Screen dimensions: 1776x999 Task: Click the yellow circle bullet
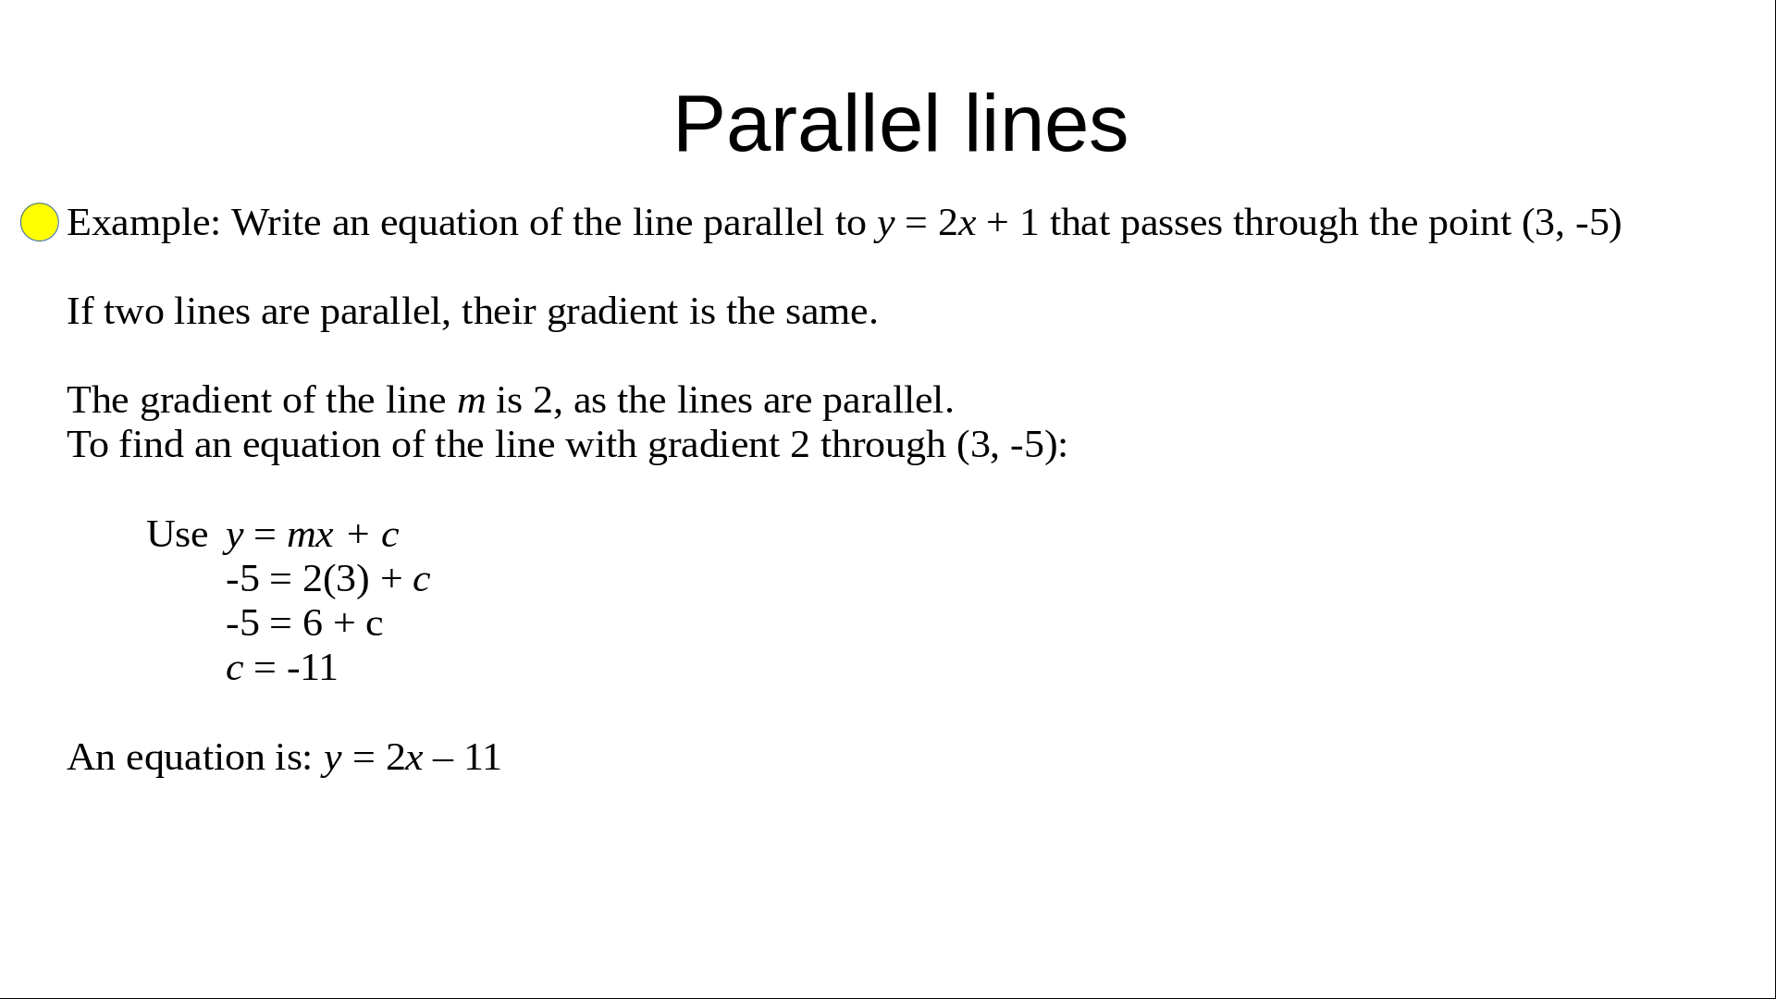coord(40,222)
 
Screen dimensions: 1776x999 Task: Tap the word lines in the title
coord(1046,124)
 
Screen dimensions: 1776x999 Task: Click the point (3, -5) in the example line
coord(1572,223)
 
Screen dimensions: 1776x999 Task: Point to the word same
coord(830,313)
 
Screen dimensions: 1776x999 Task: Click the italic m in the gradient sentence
coord(471,401)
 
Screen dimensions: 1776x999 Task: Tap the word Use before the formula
coord(177,535)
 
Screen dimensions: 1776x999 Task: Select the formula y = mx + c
coord(313,536)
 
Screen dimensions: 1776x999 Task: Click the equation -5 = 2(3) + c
coord(327,579)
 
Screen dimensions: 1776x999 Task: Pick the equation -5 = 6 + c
coord(304,623)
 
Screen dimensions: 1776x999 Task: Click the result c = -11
coord(282,668)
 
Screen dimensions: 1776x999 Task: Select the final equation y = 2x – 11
coord(412,758)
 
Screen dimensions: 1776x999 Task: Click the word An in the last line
coord(91,758)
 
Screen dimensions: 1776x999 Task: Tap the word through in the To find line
coord(883,446)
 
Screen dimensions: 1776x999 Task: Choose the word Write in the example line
coord(277,223)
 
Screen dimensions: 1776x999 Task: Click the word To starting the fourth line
coord(88,445)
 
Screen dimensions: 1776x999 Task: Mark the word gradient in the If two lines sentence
coord(613,313)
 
